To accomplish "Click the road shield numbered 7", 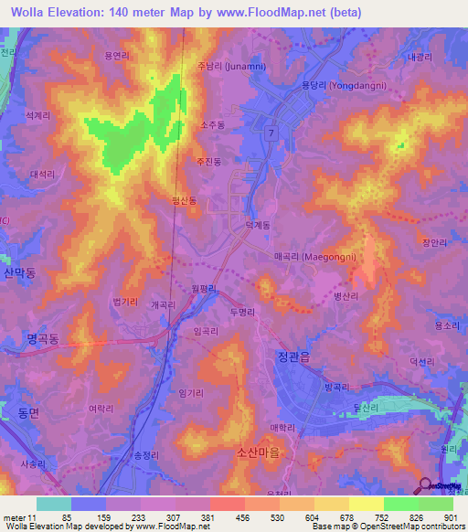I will click(272, 133).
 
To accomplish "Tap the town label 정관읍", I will click(292, 356).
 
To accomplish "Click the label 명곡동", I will click(42, 338).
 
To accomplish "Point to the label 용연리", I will click(116, 56).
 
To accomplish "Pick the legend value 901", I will click(451, 517).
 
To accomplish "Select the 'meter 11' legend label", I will click(19, 517).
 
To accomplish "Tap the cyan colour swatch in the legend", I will click(54, 504).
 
